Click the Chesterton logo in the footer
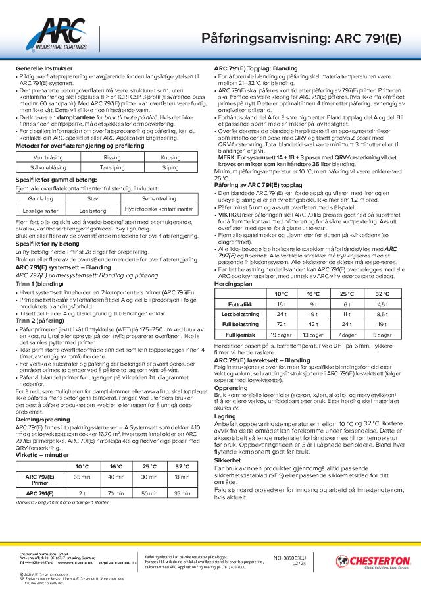coord(372,561)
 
